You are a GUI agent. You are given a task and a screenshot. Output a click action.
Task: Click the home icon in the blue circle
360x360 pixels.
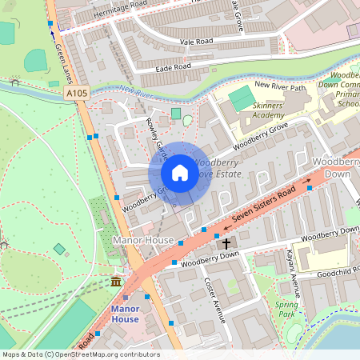[x=180, y=173]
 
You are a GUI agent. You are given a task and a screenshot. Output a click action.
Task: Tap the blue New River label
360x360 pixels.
[x=138, y=94]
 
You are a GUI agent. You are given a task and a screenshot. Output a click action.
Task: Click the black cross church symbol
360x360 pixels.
[x=226, y=242]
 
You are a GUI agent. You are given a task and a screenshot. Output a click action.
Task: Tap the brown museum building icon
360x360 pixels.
[x=116, y=282]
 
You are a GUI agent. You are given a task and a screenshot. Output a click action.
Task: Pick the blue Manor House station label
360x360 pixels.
[x=124, y=314]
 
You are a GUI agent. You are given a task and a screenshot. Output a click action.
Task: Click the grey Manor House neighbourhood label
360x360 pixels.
[x=143, y=239]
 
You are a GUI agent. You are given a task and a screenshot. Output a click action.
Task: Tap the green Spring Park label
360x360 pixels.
[x=286, y=310]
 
